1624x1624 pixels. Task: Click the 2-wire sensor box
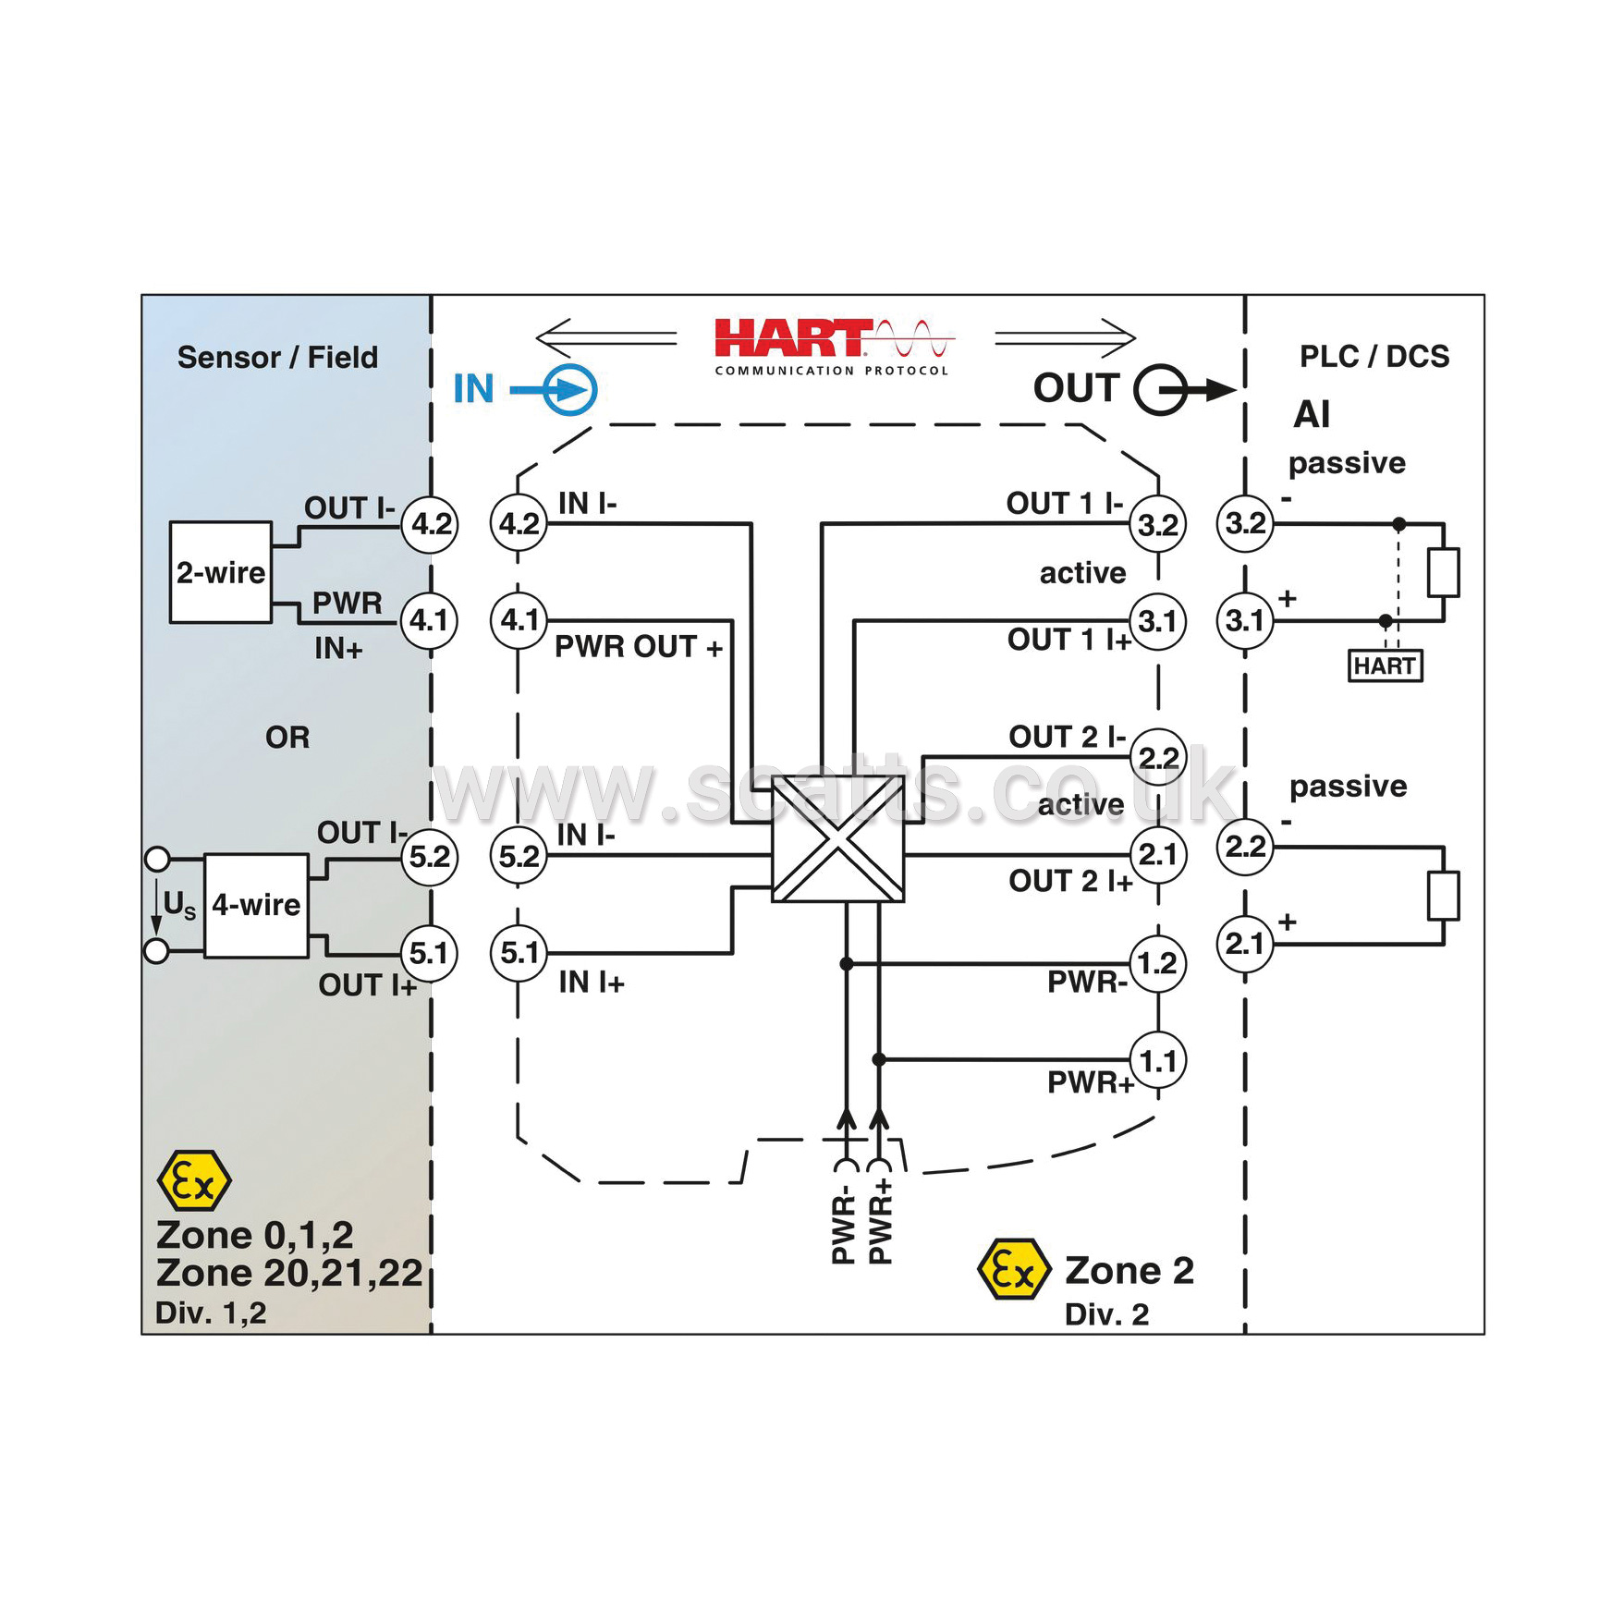pos(221,572)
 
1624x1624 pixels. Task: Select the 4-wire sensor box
pos(256,905)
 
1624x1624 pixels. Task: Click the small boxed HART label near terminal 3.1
pos(1385,665)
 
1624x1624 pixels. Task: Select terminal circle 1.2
pos(1157,964)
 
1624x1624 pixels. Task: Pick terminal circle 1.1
pos(1157,1060)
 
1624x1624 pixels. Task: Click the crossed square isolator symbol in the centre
pos(837,838)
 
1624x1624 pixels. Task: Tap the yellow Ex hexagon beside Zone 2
pos(1014,1270)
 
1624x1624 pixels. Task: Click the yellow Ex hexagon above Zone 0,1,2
pos(194,1180)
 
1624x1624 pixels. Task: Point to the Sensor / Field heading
pos(277,358)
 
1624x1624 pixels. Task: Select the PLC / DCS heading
pos(1374,357)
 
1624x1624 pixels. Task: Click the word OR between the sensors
pos(287,738)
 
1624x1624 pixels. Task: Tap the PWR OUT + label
pos(638,647)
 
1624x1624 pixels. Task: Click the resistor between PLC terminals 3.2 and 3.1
pos(1443,573)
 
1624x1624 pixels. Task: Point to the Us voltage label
pos(179,904)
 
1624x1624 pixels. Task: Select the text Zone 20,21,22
pos(289,1274)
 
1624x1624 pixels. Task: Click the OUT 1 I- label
pos(1065,504)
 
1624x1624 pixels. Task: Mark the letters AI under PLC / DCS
pos(1312,414)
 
